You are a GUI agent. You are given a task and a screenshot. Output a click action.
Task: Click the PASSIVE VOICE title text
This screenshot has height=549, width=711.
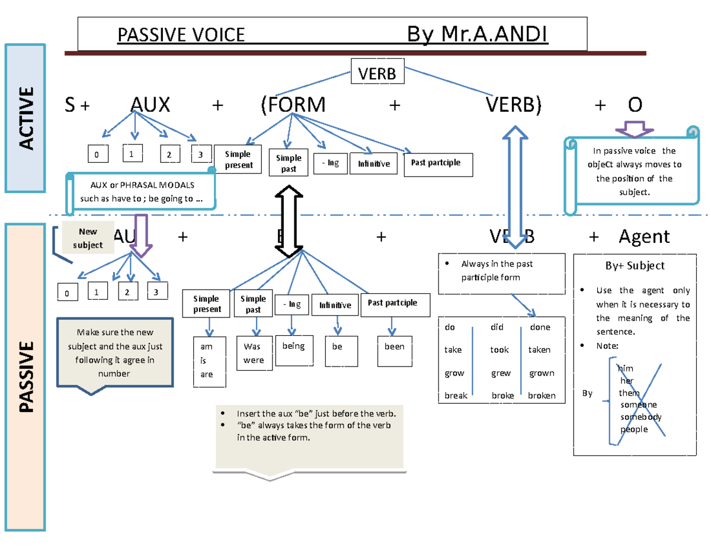click(181, 36)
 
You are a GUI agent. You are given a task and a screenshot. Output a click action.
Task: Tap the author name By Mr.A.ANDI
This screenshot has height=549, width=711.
click(478, 36)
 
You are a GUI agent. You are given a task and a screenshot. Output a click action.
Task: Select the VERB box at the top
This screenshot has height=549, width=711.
click(376, 74)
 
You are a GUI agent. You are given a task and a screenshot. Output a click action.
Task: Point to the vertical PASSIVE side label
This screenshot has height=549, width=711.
click(25, 376)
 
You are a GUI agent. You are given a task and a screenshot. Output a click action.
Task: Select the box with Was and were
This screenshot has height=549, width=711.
click(254, 353)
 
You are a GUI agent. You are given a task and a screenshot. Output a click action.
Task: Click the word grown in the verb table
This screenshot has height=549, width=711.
click(541, 374)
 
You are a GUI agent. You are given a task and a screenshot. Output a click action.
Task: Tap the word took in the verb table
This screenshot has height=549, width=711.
click(499, 350)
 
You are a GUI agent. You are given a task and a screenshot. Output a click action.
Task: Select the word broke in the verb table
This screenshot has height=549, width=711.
click(502, 396)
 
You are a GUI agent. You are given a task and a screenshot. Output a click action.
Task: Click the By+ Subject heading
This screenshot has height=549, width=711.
click(635, 266)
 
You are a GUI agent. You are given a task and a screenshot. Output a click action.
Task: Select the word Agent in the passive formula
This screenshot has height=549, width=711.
click(644, 237)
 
